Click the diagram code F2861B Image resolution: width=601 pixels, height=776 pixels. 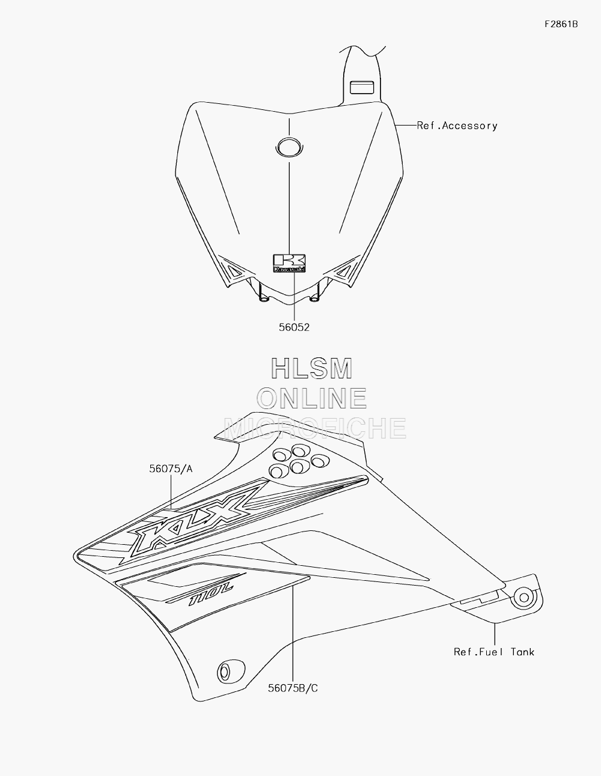click(x=561, y=24)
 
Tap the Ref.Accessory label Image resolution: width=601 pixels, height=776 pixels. click(x=457, y=126)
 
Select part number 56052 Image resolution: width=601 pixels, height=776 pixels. click(x=294, y=327)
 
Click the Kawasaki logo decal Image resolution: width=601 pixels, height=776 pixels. click(x=290, y=263)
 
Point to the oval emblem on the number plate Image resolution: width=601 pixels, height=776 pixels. click(x=290, y=147)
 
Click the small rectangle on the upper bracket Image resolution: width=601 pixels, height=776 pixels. click(x=362, y=88)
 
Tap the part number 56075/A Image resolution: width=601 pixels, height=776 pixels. click(x=171, y=469)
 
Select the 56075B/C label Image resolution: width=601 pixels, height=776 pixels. click(x=293, y=688)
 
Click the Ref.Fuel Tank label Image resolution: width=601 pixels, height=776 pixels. click(x=494, y=652)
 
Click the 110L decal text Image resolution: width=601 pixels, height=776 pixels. click(x=212, y=594)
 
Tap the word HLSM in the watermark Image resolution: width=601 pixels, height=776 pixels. click(x=311, y=369)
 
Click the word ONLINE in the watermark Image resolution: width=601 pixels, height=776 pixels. click(x=311, y=399)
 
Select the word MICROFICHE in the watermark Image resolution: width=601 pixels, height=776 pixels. click(x=314, y=428)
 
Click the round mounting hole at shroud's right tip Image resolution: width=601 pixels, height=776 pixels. click(x=524, y=598)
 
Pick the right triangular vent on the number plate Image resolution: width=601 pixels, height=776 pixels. click(x=343, y=271)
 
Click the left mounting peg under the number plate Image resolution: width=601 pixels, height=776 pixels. click(x=263, y=296)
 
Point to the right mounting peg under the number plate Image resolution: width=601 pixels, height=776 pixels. click(x=314, y=296)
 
